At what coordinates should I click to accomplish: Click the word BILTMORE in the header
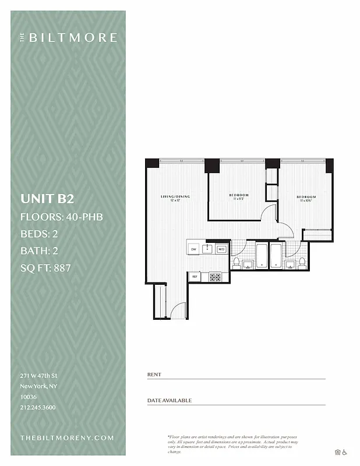tap(73, 38)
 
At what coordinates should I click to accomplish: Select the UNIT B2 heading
tap(47, 199)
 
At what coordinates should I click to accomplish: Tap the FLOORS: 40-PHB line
tap(62, 217)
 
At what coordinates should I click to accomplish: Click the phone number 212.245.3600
tap(38, 407)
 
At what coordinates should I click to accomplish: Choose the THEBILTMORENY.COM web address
tap(67, 437)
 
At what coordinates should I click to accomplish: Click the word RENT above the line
tap(154, 375)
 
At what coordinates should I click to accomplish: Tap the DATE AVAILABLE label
tap(169, 401)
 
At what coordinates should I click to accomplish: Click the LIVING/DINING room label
tap(175, 196)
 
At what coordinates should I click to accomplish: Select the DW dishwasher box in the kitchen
tap(193, 249)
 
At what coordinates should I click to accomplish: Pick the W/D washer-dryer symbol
tap(221, 249)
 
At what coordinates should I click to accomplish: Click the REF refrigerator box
tap(195, 277)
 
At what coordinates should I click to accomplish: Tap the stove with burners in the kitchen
tap(216, 277)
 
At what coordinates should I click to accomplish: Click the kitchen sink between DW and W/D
tap(207, 249)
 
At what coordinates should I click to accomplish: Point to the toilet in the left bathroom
tap(237, 263)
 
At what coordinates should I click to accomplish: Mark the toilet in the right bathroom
tap(302, 263)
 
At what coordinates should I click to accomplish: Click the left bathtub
tap(261, 256)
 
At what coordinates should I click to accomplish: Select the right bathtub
tap(276, 256)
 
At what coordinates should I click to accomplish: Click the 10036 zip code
tap(29, 397)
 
